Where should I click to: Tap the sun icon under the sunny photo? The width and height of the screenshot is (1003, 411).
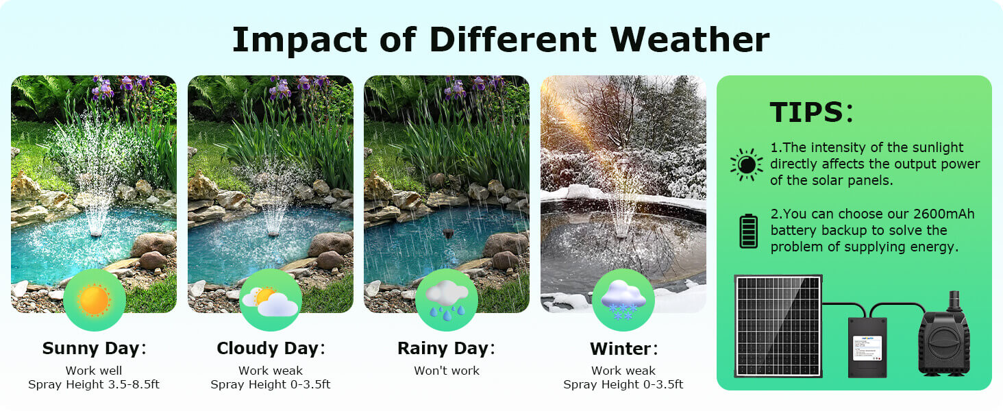94,299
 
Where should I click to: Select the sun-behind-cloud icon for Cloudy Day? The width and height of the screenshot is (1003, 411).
271,299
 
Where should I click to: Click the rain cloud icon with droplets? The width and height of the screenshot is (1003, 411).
447,299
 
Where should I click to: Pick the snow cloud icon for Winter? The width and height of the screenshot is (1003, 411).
623,299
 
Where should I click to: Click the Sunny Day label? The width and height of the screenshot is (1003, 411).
94,349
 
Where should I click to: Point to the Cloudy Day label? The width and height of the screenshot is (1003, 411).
271,349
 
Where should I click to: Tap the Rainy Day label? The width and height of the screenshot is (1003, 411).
446,349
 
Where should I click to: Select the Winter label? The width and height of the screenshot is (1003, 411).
623,349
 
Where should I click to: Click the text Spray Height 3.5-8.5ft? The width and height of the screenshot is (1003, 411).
94,384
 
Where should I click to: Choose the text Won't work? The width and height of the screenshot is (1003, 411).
447,371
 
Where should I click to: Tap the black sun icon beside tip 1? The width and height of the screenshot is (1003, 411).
746,164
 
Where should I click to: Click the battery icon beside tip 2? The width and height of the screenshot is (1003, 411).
748,231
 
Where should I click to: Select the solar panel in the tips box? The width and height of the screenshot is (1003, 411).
778,325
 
